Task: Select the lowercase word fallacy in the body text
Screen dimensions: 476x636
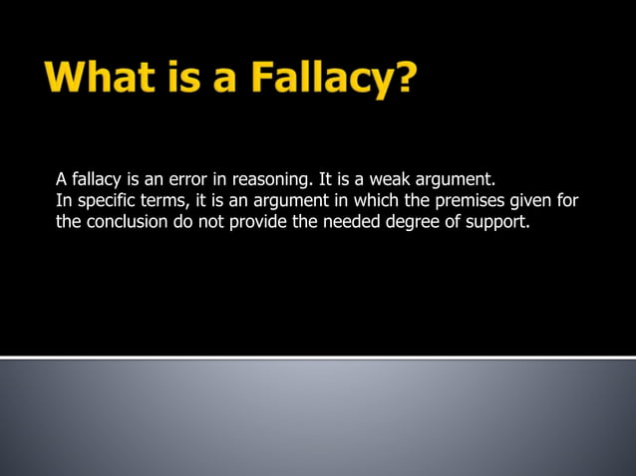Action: pyautogui.click(x=96, y=180)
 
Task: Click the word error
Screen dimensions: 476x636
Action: pyautogui.click(x=193, y=180)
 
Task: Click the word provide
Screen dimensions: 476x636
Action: pyautogui.click(x=257, y=221)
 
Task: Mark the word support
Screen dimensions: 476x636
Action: pyautogui.click(x=493, y=222)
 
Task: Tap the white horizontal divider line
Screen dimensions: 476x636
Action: pyautogui.click(x=318, y=357)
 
